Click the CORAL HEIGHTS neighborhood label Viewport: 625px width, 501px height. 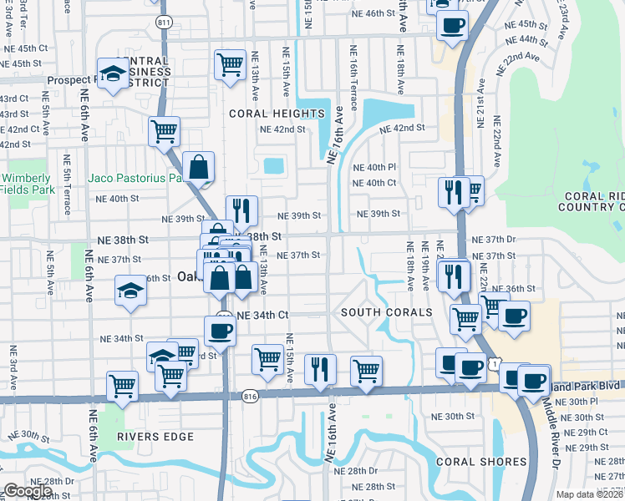pos(277,114)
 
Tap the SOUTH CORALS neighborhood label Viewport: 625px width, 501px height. pos(386,312)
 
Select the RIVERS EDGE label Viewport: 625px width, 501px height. pos(155,437)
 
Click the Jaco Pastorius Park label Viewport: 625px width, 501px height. pos(136,178)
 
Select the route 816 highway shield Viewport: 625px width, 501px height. pos(248,395)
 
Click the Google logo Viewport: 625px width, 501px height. pos(28,492)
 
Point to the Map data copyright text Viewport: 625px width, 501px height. pos(590,494)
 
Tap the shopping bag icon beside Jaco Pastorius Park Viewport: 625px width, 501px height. pos(200,167)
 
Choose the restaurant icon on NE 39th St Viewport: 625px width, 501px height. pos(241,210)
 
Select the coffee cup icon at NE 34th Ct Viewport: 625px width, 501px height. pos(220,331)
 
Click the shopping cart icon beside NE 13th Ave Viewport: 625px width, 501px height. pos(229,63)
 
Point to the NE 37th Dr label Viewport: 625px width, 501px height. pos(494,240)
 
